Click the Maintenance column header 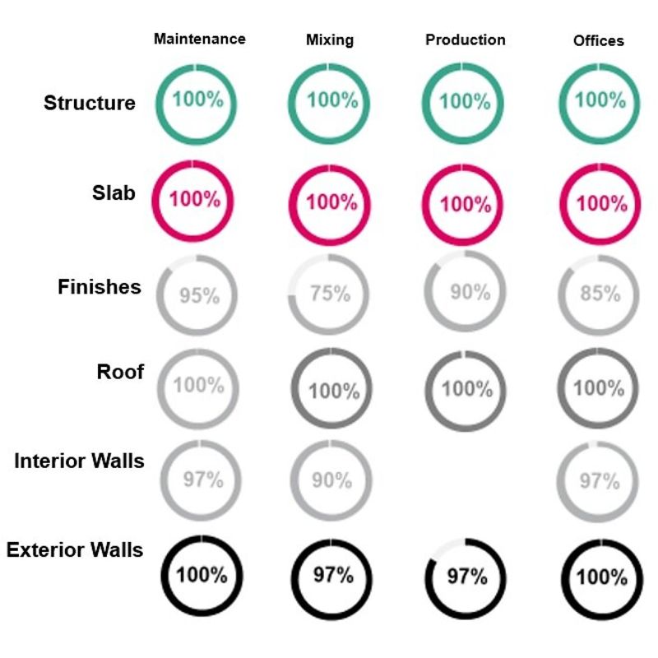(x=199, y=39)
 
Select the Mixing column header (x=330, y=39)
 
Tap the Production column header (x=466, y=39)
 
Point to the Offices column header (x=599, y=40)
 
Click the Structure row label (x=90, y=104)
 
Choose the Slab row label (x=114, y=192)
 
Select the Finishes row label (x=100, y=287)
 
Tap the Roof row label (x=120, y=372)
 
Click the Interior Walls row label (x=79, y=461)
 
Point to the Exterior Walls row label (x=75, y=549)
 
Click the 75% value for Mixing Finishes (x=331, y=294)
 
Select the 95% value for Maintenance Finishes (x=199, y=295)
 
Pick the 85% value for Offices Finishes (x=600, y=293)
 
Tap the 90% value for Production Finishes (x=470, y=292)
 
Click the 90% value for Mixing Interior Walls (x=331, y=480)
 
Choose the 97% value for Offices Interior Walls (x=600, y=480)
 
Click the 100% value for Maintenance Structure (x=197, y=100)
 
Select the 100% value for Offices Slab (x=601, y=202)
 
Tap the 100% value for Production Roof (x=466, y=388)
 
